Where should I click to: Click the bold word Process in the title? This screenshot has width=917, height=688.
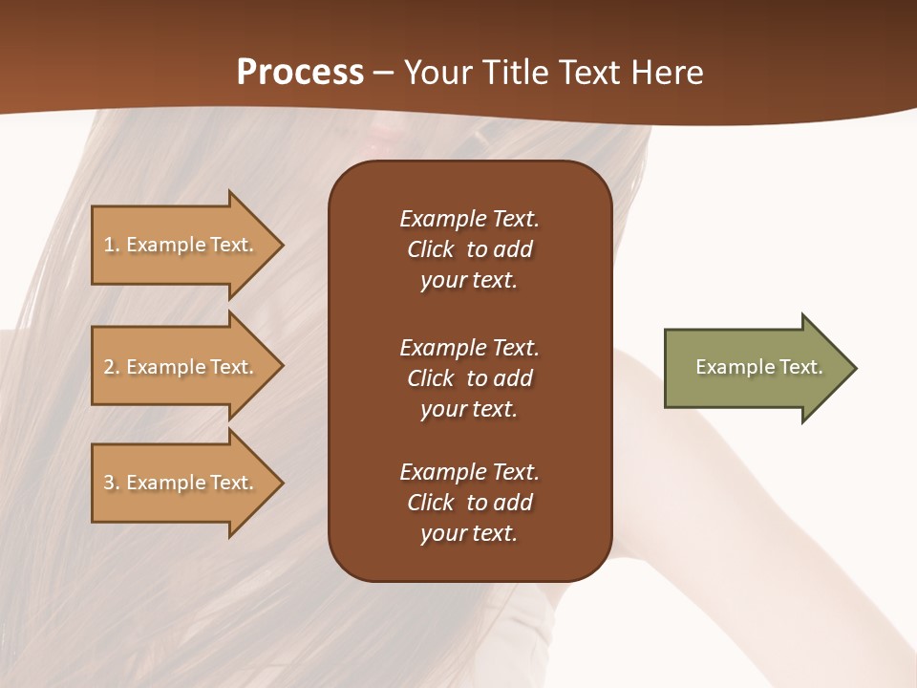click(x=300, y=73)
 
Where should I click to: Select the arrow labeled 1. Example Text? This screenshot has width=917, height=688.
click(x=181, y=245)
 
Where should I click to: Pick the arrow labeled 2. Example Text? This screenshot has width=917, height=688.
click(x=181, y=367)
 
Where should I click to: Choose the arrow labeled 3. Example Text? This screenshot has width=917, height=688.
click(x=181, y=483)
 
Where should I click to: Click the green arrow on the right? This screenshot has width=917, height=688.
click(x=755, y=368)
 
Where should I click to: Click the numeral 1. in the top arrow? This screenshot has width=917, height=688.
click(x=111, y=245)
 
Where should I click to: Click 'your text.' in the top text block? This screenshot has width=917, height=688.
click(x=469, y=280)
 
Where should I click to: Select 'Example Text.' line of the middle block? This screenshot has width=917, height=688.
click(x=469, y=347)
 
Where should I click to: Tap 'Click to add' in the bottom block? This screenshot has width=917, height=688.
click(x=469, y=503)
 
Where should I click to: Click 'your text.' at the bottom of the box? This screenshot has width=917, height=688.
click(x=469, y=533)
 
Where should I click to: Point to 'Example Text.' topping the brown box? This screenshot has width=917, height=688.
click(x=469, y=219)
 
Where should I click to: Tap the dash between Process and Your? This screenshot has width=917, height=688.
click(x=384, y=73)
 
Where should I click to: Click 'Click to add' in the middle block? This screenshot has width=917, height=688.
click(x=469, y=378)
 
